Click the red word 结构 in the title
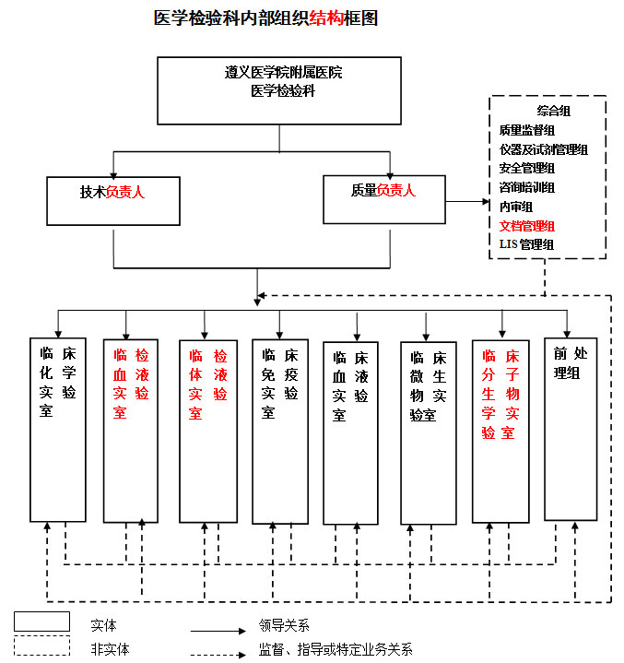tap(325, 18)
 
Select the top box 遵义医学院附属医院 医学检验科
tap(279, 90)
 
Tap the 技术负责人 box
tap(113, 200)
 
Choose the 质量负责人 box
tap(384, 198)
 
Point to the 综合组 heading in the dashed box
tap(554, 112)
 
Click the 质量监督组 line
tap(526, 131)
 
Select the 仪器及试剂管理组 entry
tap(544, 149)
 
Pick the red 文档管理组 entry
tap(526, 225)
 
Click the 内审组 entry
tap(515, 207)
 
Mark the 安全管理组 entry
tap(526, 169)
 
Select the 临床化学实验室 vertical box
tap(58, 429)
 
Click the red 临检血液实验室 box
tap(130, 429)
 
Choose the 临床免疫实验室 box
tap(279, 429)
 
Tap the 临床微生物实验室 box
tap(428, 432)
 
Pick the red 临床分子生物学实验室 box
tap(500, 429)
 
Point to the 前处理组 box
tap(571, 429)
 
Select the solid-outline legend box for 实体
tap(41, 622)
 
